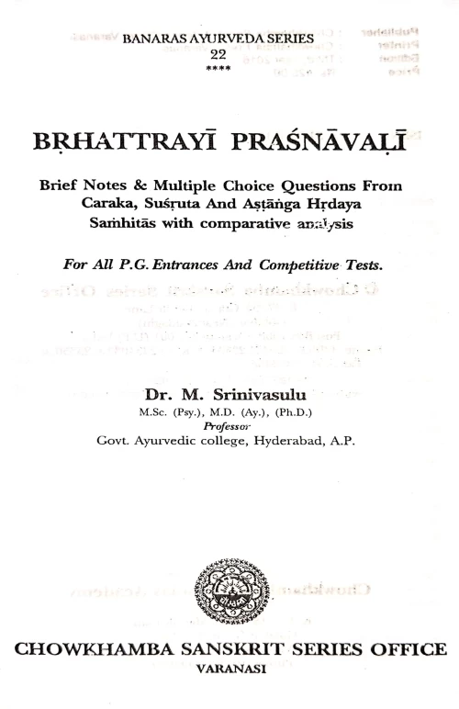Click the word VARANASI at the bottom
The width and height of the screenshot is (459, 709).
click(229, 670)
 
